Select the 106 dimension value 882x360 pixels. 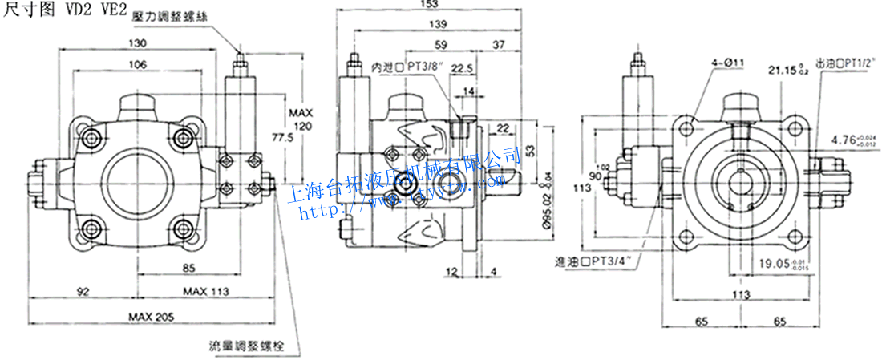tap(140, 64)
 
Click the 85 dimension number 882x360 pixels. tap(189, 268)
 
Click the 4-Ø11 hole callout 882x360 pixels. tap(727, 62)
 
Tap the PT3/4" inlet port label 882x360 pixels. tap(599, 261)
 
